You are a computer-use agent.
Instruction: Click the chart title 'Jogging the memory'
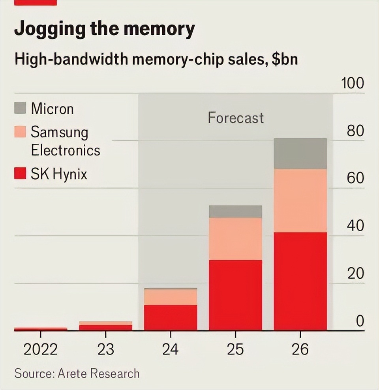105,29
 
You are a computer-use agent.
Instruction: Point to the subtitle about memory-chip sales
156,60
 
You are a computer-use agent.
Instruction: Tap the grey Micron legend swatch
20,108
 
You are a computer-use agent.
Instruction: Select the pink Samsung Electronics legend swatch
20,131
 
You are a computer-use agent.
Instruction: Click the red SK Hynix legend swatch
20,173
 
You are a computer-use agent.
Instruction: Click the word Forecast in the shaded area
236,118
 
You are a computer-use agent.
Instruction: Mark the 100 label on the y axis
353,83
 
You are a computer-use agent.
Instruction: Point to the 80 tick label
355,131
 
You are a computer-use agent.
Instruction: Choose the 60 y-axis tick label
355,178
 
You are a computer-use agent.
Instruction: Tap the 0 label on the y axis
360,321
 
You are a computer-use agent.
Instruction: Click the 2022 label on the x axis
41,349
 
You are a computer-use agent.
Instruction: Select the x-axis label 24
170,349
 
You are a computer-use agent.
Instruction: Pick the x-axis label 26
300,349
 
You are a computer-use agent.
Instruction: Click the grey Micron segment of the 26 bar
300,154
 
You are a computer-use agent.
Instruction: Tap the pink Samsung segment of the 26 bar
300,201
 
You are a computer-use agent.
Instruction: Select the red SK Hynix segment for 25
236,295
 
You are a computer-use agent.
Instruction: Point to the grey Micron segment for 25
236,212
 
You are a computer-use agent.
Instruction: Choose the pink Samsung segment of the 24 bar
171,297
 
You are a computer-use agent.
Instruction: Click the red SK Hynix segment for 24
171,318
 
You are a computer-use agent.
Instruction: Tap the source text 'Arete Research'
98,373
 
